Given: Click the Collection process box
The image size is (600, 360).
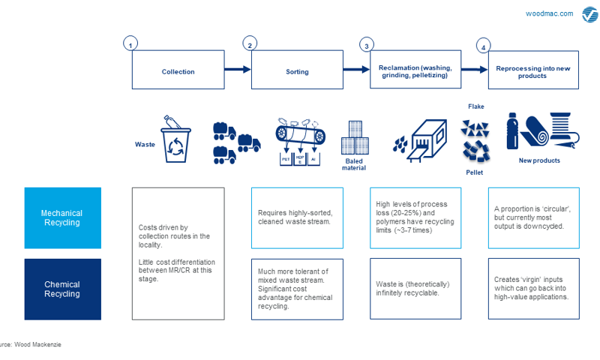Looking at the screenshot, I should click(178, 70).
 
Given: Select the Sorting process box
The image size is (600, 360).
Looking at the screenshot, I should click(297, 70).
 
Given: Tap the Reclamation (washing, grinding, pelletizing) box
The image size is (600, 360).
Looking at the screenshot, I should click(415, 70).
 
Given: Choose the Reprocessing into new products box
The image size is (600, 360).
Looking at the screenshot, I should click(533, 70).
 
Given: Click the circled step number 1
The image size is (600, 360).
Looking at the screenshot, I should click(131, 43).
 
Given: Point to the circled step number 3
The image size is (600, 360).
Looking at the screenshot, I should click(367, 44).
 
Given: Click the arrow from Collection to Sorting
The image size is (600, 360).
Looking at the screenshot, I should click(237, 70).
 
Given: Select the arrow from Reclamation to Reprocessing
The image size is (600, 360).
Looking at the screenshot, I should click(474, 70).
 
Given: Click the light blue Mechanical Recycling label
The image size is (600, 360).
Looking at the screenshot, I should click(62, 218).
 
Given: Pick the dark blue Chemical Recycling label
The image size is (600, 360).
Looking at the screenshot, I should click(62, 289).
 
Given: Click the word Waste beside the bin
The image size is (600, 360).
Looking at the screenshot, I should click(145, 144).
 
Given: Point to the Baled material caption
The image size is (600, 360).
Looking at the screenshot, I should click(355, 165).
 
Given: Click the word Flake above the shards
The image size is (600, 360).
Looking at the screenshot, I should click(475, 106).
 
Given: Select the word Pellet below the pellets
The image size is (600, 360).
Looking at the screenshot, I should click(474, 172).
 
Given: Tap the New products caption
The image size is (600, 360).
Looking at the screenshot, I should click(539, 160).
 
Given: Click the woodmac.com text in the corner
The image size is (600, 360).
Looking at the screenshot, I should click(549, 13).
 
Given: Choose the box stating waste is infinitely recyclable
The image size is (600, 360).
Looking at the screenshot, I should click(415, 289).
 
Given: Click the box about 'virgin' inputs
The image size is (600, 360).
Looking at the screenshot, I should click(533, 289).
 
